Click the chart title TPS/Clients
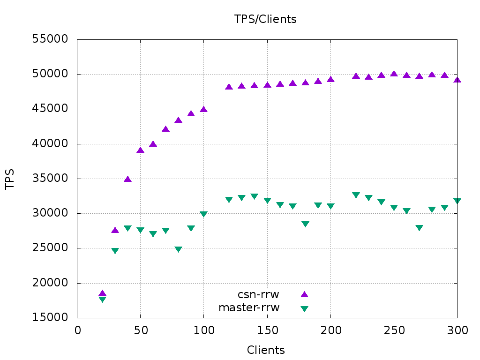(265, 19)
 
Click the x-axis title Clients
(266, 350)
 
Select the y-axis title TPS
(10, 179)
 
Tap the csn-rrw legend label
(258, 294)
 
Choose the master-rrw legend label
(249, 308)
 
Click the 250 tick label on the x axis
(394, 330)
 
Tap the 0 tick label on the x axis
(78, 330)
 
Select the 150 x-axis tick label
(267, 330)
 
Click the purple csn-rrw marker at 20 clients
(103, 293)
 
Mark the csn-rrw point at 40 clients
(128, 179)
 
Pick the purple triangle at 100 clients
(204, 109)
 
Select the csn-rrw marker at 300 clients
(457, 80)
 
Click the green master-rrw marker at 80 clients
(179, 249)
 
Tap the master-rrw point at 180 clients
(305, 224)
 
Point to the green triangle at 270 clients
(419, 228)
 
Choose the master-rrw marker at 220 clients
(356, 195)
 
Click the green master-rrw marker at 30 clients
(115, 251)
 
